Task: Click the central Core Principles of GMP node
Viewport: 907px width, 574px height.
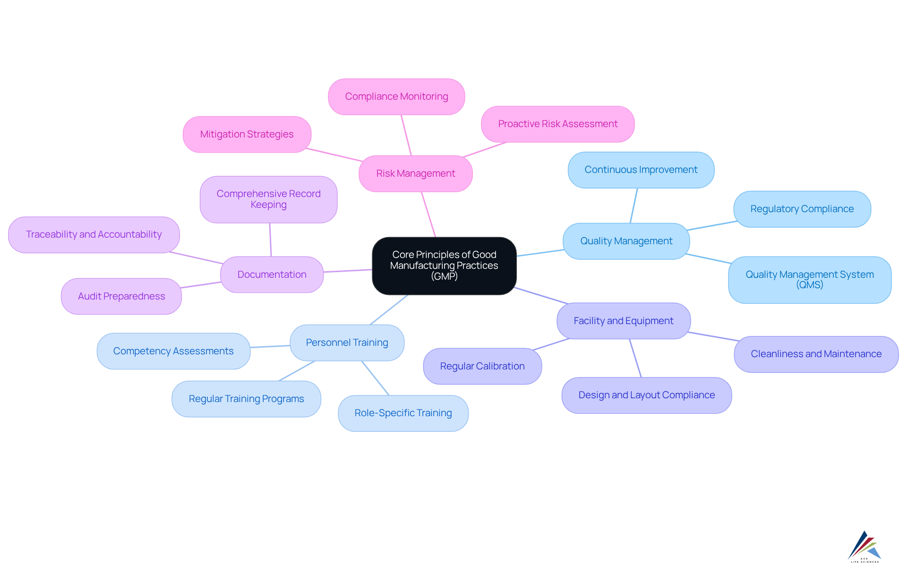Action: (444, 266)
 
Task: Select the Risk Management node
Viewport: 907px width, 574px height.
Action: (416, 173)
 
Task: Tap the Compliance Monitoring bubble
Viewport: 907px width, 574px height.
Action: (396, 96)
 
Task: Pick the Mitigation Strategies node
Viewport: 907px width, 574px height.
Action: (247, 134)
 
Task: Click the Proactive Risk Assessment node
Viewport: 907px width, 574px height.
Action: (557, 124)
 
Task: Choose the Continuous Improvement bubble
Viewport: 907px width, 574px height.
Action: (641, 170)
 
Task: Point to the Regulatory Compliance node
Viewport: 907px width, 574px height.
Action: (802, 209)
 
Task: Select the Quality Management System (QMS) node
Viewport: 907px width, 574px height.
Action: (809, 280)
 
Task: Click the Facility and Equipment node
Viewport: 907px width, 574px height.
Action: (623, 321)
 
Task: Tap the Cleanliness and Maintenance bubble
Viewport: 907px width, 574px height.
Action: (816, 354)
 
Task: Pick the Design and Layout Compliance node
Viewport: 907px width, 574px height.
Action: (646, 395)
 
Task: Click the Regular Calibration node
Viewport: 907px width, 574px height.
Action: (482, 366)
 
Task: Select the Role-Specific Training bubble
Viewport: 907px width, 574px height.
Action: (403, 413)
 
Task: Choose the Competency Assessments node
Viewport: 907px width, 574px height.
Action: (173, 351)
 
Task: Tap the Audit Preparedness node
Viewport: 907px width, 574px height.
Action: (121, 296)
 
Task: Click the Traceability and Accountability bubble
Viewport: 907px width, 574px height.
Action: (94, 234)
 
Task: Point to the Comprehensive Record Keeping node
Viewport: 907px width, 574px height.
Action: (268, 199)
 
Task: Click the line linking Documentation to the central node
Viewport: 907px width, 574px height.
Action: (348, 271)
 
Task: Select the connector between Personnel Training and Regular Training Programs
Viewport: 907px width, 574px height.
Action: (297, 371)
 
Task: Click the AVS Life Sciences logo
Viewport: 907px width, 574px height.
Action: (864, 547)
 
